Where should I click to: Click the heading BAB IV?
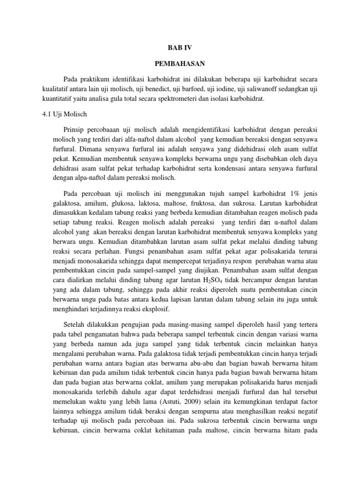pos(180,48)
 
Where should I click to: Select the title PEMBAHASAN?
pos(180,62)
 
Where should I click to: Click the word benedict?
pos(150,88)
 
